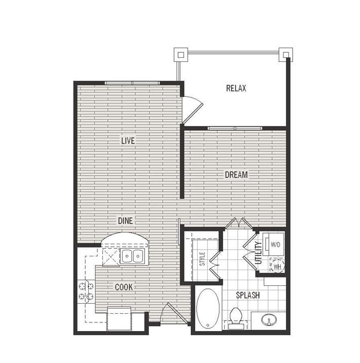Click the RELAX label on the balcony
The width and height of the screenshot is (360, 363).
(x=236, y=88)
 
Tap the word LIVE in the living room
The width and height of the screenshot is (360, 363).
(x=128, y=141)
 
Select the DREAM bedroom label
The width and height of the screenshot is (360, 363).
(x=236, y=175)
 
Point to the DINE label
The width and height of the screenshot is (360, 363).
(x=126, y=221)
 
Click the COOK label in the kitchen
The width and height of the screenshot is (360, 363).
(x=124, y=287)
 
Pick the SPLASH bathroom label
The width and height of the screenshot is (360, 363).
(x=247, y=295)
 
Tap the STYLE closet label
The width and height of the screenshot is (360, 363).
(x=201, y=259)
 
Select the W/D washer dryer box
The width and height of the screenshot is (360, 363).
(x=274, y=245)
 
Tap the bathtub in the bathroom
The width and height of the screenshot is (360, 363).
(x=207, y=308)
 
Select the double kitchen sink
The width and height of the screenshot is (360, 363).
(x=132, y=256)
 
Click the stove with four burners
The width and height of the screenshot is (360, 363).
(x=85, y=291)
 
